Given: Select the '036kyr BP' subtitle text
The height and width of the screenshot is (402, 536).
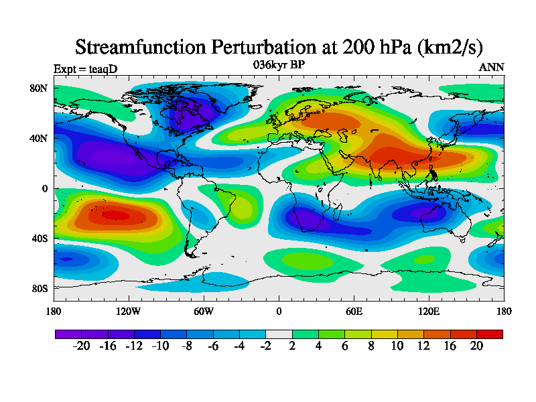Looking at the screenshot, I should tap(279, 65).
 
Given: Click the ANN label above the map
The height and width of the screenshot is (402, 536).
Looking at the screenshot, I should tap(492, 67).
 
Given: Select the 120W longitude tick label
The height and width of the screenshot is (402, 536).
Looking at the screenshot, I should tap(129, 311).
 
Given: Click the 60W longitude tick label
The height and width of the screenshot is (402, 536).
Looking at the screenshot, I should tap(204, 311).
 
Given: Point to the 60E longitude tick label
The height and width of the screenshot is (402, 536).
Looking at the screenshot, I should tap(354, 311).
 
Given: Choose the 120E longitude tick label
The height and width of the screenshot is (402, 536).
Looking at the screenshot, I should tap(429, 311).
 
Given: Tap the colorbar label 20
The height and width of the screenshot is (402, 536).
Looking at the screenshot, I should tap(476, 346).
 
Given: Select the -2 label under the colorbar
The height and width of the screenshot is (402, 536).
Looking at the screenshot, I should tap(266, 346).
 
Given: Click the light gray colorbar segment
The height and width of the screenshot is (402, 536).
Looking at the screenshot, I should tap(279, 334).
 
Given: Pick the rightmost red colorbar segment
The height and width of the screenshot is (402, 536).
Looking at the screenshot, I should tap(489, 334).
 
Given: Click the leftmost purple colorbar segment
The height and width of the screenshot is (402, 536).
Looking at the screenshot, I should tap(68, 334).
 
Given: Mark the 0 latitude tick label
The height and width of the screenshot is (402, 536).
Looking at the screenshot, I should tap(45, 188).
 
